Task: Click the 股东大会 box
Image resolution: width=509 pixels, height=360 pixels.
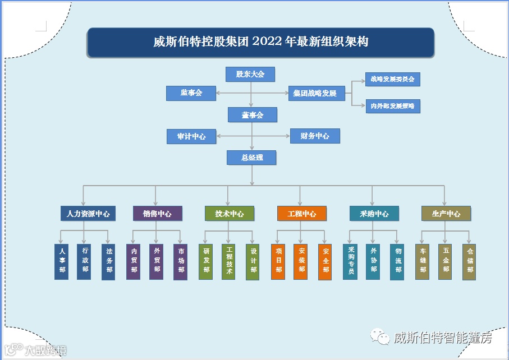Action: pyautogui.click(x=250, y=74)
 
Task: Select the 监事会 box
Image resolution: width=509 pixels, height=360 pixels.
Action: pyautogui.click(x=191, y=93)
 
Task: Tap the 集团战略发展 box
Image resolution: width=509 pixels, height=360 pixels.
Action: pyautogui.click(x=317, y=94)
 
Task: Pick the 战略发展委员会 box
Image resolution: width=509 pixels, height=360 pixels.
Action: pyautogui.click(x=392, y=80)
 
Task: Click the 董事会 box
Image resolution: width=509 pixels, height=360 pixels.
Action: pyautogui.click(x=252, y=115)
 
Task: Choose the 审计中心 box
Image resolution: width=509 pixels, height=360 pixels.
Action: pyautogui.click(x=191, y=136)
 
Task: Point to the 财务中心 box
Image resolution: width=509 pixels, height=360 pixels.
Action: pyautogui.click(x=315, y=136)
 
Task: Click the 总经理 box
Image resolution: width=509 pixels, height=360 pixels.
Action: pyautogui.click(x=252, y=158)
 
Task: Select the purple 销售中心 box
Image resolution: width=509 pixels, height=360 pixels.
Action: pyautogui.click(x=157, y=214)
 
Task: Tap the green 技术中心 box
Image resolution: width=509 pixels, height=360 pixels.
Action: pyautogui.click(x=229, y=214)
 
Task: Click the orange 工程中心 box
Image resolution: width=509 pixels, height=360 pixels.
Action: pyautogui.click(x=301, y=214)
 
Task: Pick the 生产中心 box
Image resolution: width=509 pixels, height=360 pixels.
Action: pyautogui.click(x=446, y=214)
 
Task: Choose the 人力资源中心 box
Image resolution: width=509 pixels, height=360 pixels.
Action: pyautogui.click(x=85, y=214)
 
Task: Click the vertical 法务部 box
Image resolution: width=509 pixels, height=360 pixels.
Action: pyautogui.click(x=109, y=262)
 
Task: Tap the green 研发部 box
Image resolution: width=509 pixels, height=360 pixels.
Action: pyautogui.click(x=206, y=262)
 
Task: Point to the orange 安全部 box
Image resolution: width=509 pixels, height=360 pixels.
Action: pyautogui.click(x=325, y=262)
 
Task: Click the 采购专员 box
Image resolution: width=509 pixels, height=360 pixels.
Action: pyautogui.click(x=350, y=262)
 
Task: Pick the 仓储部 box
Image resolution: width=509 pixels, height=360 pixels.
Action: pyautogui.click(x=470, y=262)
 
